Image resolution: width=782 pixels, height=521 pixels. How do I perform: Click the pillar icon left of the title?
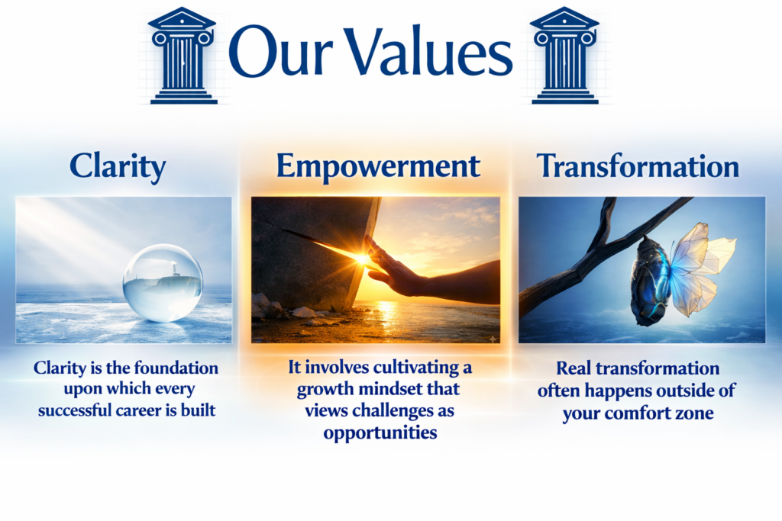click(183, 55)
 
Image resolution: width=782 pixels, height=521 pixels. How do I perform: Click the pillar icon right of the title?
click(564, 55)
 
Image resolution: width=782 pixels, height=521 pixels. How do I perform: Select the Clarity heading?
click(118, 166)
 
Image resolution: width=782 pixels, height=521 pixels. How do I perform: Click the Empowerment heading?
click(378, 166)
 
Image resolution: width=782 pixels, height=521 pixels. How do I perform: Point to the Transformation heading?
click(638, 166)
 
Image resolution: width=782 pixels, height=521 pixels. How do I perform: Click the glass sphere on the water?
click(163, 282)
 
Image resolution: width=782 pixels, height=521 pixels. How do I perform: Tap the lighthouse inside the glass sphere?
click(175, 269)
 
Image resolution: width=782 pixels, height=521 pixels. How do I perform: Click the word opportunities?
click(380, 433)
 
